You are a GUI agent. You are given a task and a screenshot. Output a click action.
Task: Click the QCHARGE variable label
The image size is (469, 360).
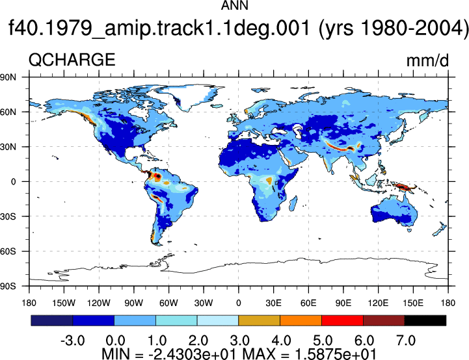(72, 59)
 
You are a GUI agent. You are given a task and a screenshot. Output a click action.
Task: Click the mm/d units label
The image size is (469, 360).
(427, 60)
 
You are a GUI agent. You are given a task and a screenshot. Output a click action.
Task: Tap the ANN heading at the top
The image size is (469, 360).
(234, 5)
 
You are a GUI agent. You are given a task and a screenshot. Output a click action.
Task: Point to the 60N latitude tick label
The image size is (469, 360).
(8, 112)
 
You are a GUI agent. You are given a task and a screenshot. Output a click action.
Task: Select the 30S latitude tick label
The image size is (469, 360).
(8, 216)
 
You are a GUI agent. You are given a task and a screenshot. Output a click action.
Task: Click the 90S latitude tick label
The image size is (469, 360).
(8, 286)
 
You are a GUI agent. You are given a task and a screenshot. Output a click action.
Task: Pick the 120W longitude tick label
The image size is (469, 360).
(99, 303)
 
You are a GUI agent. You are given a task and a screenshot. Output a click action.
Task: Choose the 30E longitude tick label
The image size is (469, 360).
(273, 303)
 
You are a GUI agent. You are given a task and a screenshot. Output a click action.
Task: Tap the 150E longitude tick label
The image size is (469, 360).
(413, 303)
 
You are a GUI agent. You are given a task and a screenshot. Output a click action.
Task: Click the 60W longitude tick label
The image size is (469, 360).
(168, 303)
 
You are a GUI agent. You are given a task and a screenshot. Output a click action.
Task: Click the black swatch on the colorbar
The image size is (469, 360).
(425, 320)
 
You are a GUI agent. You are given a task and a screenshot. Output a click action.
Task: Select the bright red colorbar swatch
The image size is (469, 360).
(342, 320)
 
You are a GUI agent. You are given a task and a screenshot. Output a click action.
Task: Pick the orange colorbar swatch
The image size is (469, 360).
(301, 320)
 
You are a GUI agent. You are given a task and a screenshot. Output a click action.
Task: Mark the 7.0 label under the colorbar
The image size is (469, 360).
(406, 341)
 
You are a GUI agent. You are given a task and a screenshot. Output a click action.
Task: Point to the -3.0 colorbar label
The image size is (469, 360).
(73, 341)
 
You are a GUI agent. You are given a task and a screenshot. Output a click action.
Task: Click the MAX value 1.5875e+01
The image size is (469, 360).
(336, 354)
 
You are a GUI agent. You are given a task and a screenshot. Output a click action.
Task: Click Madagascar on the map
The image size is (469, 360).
(293, 203)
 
